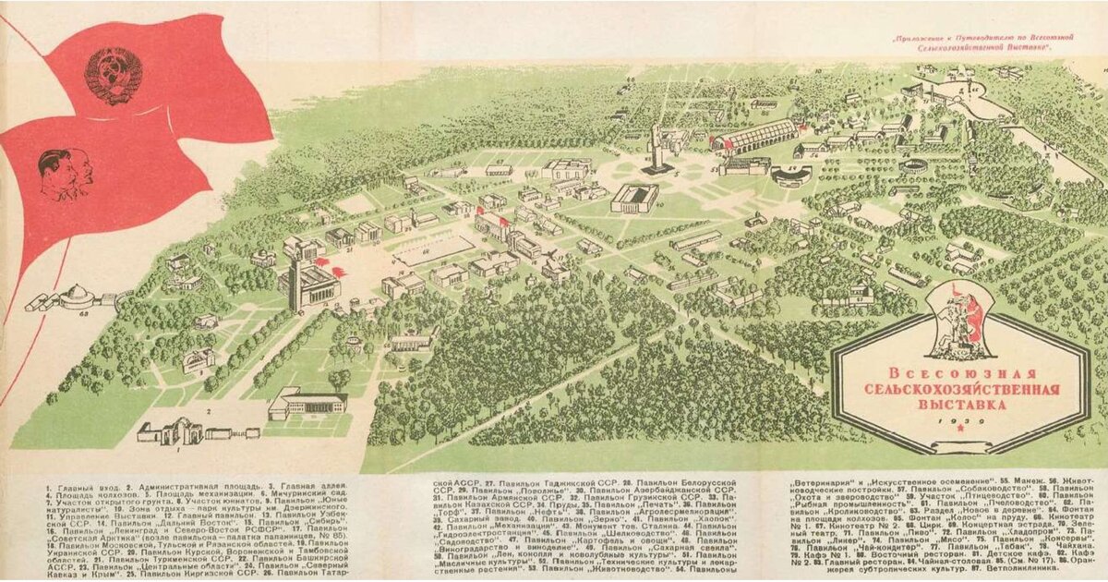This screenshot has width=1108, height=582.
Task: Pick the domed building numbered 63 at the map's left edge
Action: (76, 298)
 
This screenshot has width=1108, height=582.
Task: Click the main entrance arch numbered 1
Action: (170, 430)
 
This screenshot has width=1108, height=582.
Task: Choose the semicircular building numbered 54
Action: (792, 174)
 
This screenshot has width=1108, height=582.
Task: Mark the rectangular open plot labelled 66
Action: (431, 249)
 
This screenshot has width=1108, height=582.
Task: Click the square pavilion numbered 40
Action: (634, 198)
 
